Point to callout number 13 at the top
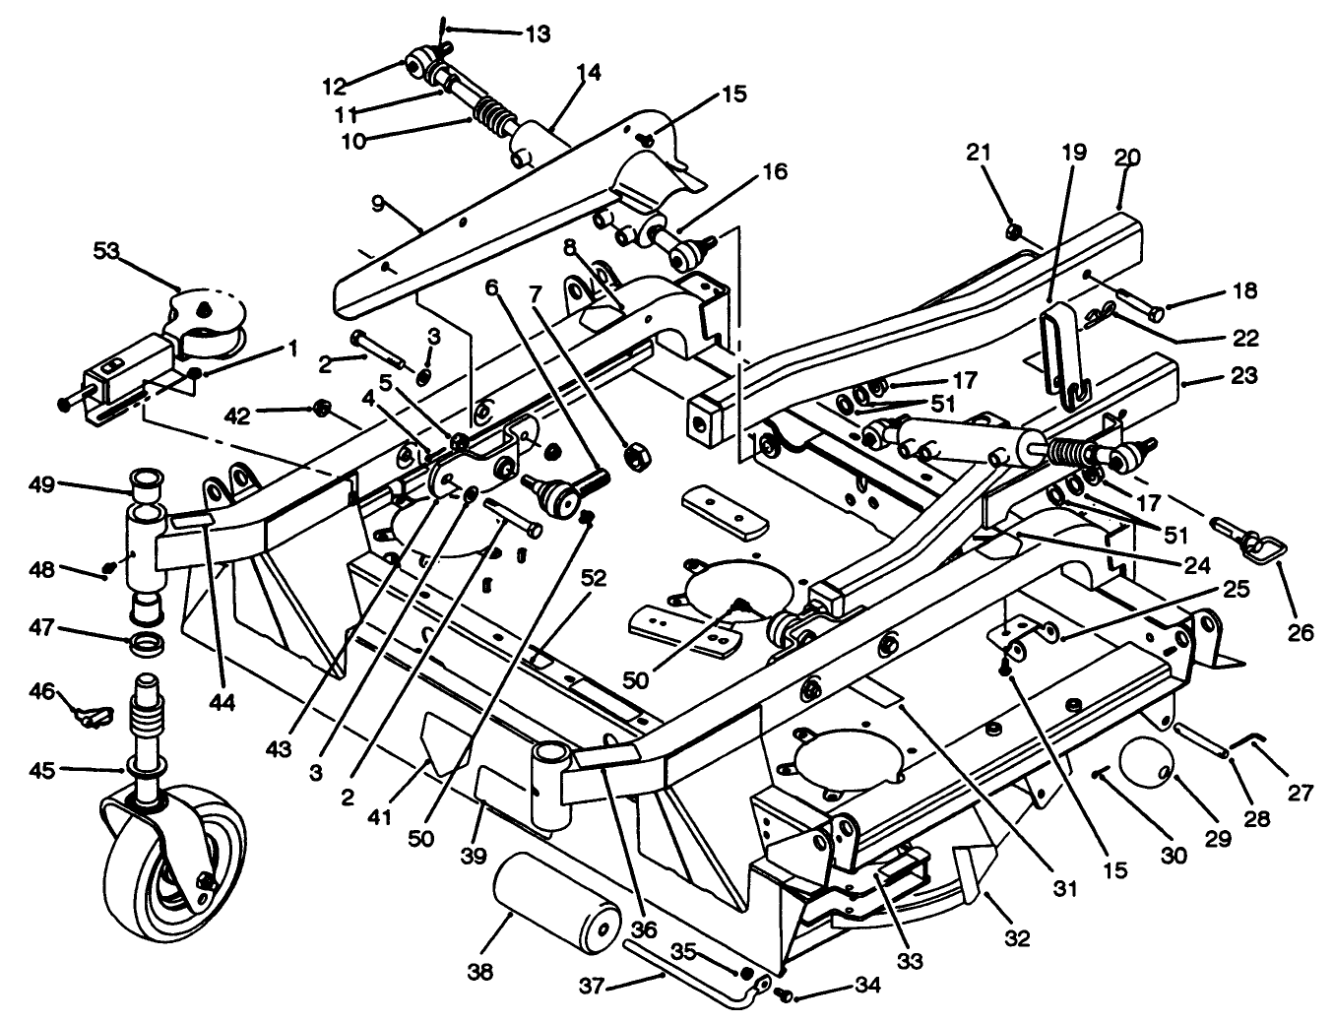pos(537,34)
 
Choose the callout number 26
pos(1300,632)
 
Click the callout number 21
pos(978,152)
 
